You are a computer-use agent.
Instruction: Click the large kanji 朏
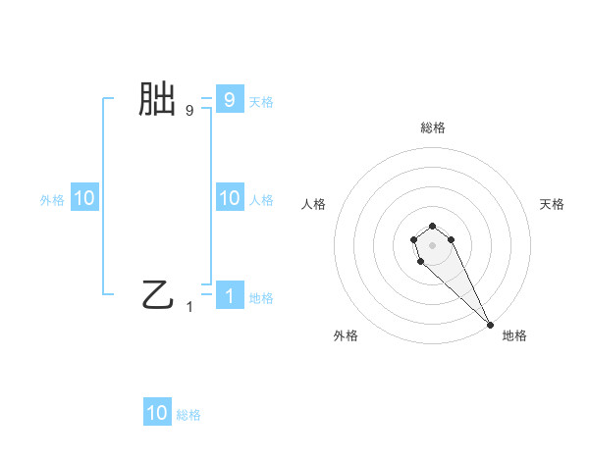(157, 100)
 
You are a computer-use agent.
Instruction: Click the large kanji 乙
(157, 294)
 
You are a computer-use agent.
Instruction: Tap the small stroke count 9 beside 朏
(189, 111)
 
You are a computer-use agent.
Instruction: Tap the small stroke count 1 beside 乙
(189, 307)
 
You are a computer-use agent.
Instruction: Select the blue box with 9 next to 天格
(229, 99)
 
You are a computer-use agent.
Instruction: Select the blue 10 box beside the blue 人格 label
(229, 198)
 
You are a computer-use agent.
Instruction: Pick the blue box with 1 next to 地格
(229, 295)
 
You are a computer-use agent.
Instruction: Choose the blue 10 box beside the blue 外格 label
(84, 198)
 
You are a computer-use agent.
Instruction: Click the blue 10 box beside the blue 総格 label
(157, 413)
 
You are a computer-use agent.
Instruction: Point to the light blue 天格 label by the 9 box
(261, 102)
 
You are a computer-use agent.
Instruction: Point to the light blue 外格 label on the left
(52, 200)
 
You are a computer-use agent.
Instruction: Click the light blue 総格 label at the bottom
(188, 415)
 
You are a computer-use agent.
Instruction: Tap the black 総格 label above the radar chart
(433, 128)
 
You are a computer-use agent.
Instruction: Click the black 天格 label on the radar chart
(552, 204)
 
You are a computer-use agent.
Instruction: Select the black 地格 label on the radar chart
(514, 335)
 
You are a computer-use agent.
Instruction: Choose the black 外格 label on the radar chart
(346, 335)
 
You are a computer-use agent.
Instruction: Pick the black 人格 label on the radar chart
(313, 204)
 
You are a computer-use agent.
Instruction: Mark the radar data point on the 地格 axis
(490, 325)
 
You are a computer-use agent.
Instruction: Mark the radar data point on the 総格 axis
(433, 225)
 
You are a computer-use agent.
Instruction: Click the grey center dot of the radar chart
(433, 244)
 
